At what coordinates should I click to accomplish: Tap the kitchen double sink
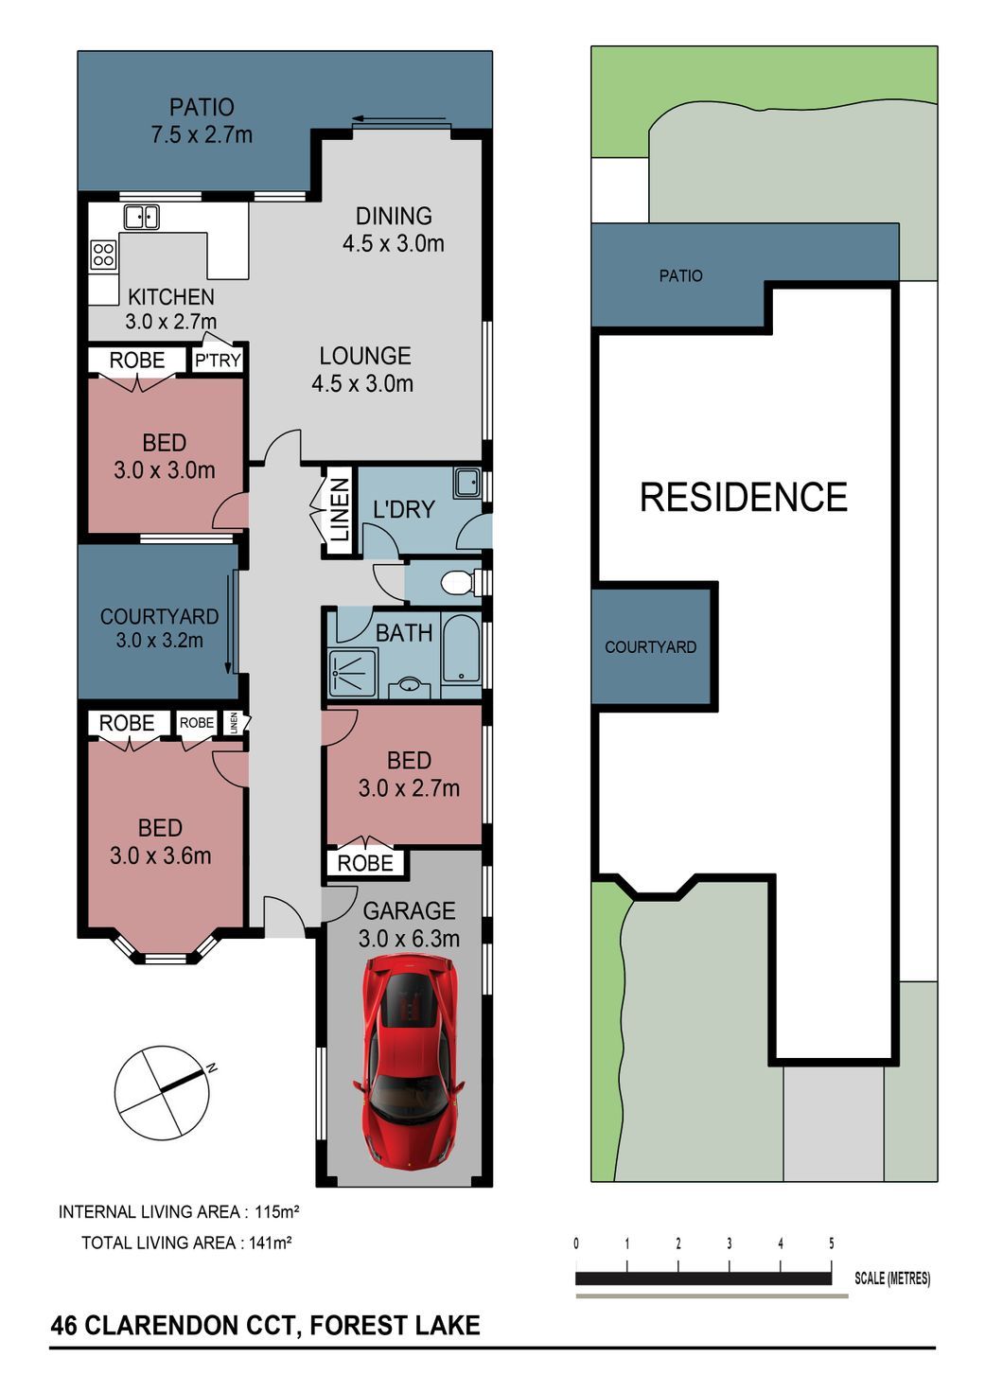click(142, 217)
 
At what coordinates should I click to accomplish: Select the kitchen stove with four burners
click(103, 255)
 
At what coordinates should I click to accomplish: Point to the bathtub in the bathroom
click(461, 651)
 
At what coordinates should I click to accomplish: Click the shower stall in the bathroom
click(352, 673)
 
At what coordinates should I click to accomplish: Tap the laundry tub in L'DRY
click(466, 484)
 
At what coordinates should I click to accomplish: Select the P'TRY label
click(217, 361)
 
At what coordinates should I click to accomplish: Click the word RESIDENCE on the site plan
click(743, 497)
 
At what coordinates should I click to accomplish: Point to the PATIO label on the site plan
click(681, 275)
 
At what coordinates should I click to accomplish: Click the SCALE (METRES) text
click(892, 1278)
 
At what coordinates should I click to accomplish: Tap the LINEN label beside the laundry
click(340, 509)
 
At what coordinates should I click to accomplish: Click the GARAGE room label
click(409, 910)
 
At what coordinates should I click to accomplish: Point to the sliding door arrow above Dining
click(398, 118)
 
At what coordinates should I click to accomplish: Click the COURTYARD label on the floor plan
click(159, 616)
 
